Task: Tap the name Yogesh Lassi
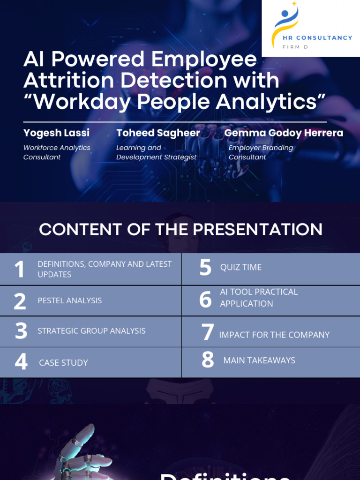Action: pos(56,133)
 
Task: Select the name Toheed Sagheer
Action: pos(158,133)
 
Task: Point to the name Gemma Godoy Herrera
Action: pos(284,133)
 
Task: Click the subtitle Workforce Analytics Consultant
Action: pos(57,152)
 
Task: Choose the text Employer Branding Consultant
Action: pos(261,152)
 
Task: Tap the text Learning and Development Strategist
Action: pos(156,152)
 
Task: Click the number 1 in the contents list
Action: pos(19,270)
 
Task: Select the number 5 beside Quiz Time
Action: pos(205,267)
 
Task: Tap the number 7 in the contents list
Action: pos(208,333)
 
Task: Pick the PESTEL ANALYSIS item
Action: pos(70,300)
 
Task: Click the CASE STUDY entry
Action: pos(63,362)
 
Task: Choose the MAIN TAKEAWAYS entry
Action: pos(259,360)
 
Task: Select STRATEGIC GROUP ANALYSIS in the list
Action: pos(91,331)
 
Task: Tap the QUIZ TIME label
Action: pos(241,267)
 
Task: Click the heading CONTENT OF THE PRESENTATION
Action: pos(180,230)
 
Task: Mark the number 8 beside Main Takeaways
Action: pos(208,360)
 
